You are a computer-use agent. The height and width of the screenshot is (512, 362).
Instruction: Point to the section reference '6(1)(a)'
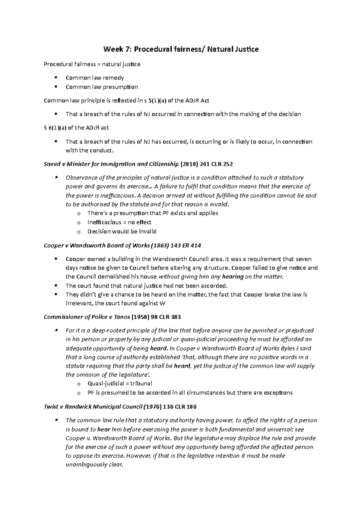pos(59,128)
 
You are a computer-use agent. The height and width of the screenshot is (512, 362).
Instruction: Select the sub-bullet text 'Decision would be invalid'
pos(122,232)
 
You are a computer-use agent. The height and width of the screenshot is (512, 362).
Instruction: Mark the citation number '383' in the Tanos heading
pos(176,317)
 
